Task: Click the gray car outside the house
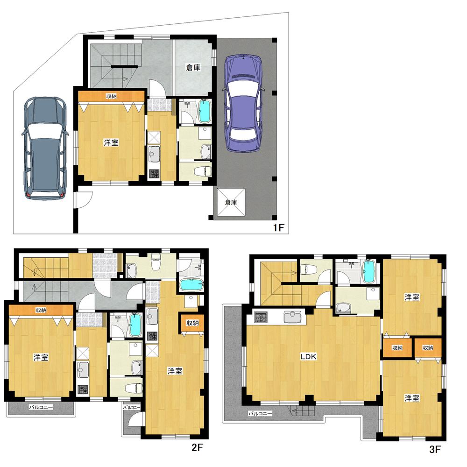click(x=45, y=148)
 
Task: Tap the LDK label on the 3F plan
click(x=308, y=356)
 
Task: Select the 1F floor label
click(x=279, y=228)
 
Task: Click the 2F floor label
click(x=197, y=447)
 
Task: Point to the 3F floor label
click(x=435, y=449)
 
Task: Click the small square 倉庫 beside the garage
click(x=231, y=202)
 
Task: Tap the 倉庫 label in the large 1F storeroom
click(x=193, y=68)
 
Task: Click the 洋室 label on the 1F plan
click(x=111, y=142)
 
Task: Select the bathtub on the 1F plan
click(x=205, y=111)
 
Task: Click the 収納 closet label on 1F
click(x=111, y=96)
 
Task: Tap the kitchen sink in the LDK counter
click(x=292, y=317)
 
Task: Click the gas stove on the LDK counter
click(x=261, y=317)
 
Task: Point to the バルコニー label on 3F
click(x=260, y=414)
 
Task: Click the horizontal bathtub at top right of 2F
click(x=191, y=285)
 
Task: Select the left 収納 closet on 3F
click(x=397, y=347)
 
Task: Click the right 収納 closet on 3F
click(x=428, y=347)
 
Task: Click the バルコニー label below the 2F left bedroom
click(x=41, y=407)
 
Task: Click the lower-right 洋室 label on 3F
click(x=412, y=398)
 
